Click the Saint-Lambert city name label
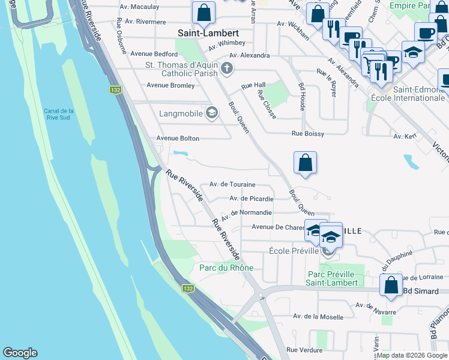click(x=208, y=33)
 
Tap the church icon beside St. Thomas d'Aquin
click(x=227, y=67)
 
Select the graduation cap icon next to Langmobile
click(x=211, y=112)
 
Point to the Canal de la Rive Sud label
click(x=59, y=114)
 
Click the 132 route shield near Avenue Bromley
click(x=113, y=90)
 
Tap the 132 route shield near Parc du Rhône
click(x=188, y=289)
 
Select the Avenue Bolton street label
click(x=178, y=138)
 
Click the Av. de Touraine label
click(x=232, y=184)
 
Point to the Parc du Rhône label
click(x=226, y=268)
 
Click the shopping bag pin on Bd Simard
click(x=391, y=286)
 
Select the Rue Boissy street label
click(x=307, y=134)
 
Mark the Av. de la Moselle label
click(x=318, y=316)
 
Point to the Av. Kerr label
click(x=405, y=136)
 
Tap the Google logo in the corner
click(x=20, y=353)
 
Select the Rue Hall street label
click(x=253, y=86)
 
